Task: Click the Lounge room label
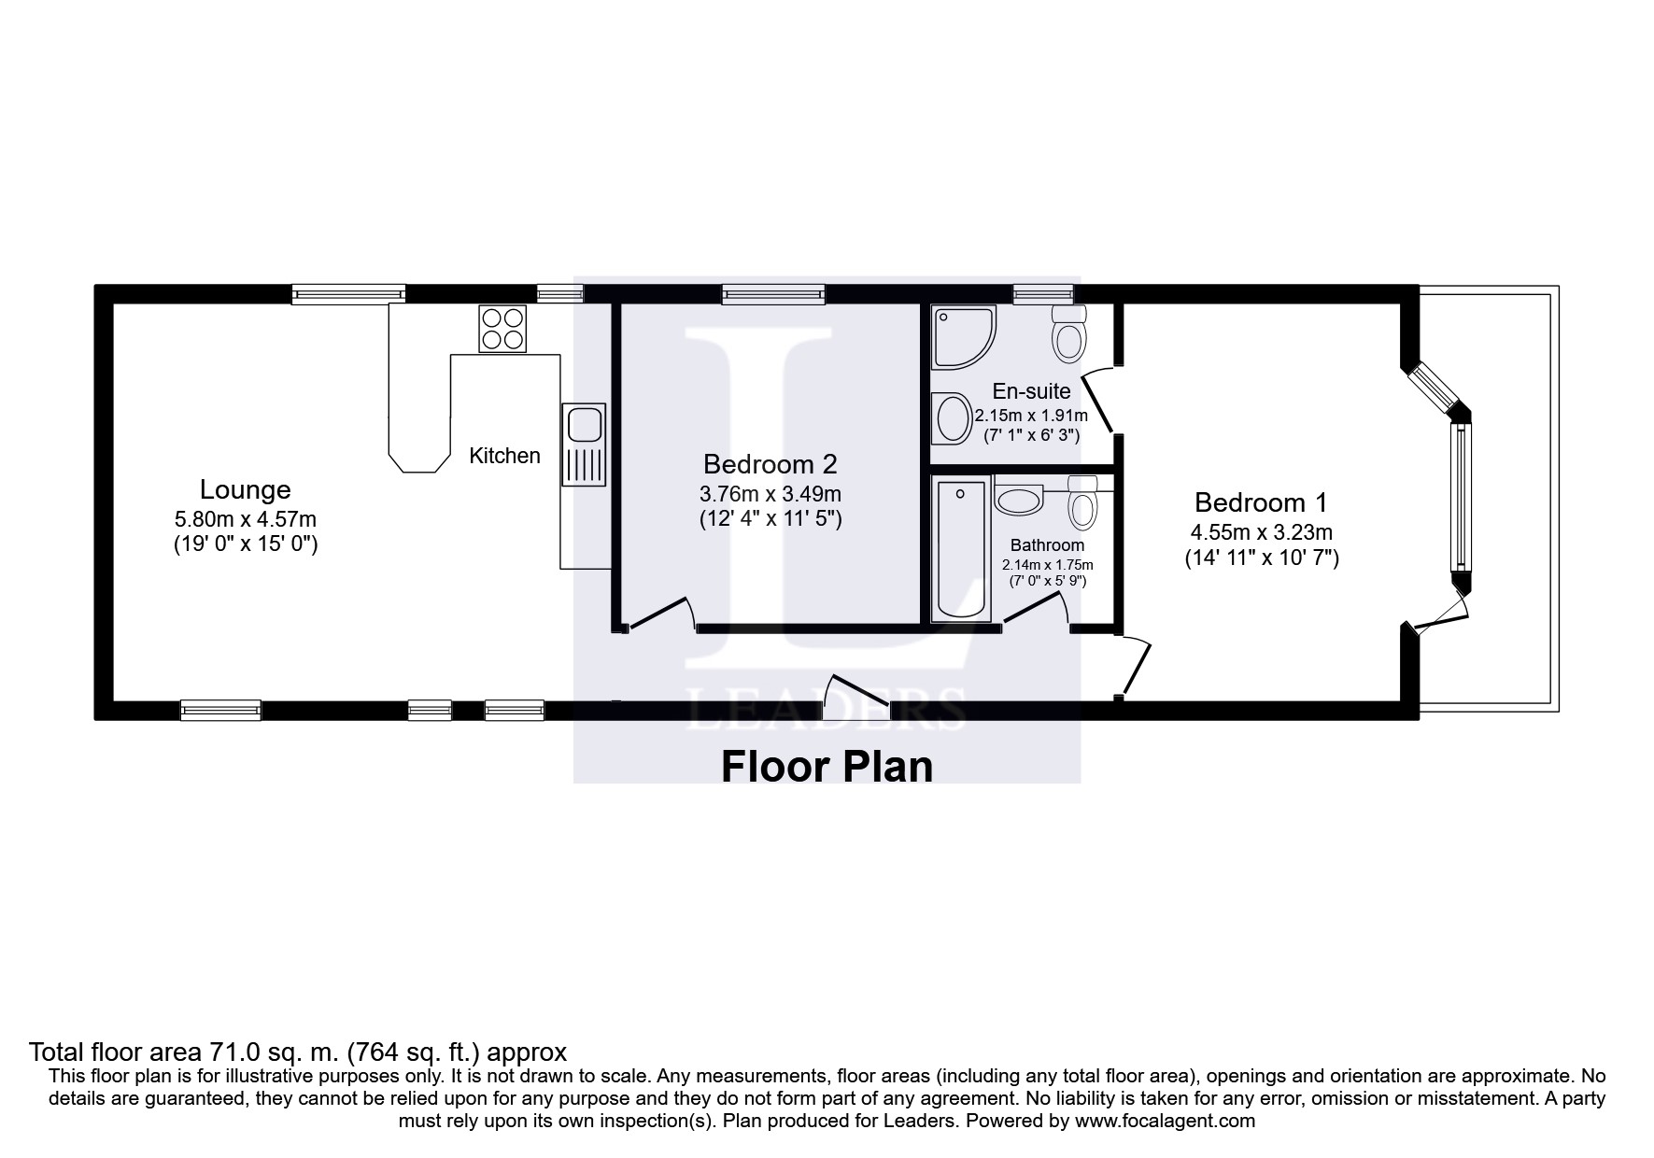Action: pyautogui.click(x=245, y=489)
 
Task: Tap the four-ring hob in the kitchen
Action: pyautogui.click(x=502, y=329)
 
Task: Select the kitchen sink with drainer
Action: pyautogui.click(x=584, y=445)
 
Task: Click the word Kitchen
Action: pyautogui.click(x=504, y=456)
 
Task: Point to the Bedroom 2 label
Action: pyautogui.click(x=770, y=464)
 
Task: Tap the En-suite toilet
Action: pyautogui.click(x=1069, y=334)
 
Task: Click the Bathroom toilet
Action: pyautogui.click(x=1082, y=503)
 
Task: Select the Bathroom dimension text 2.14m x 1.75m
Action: pyautogui.click(x=1047, y=565)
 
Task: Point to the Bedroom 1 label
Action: pyautogui.click(x=1260, y=502)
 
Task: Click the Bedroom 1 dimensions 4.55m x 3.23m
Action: pyautogui.click(x=1260, y=533)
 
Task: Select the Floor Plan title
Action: pyautogui.click(x=827, y=767)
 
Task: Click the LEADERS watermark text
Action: pyautogui.click(x=827, y=707)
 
